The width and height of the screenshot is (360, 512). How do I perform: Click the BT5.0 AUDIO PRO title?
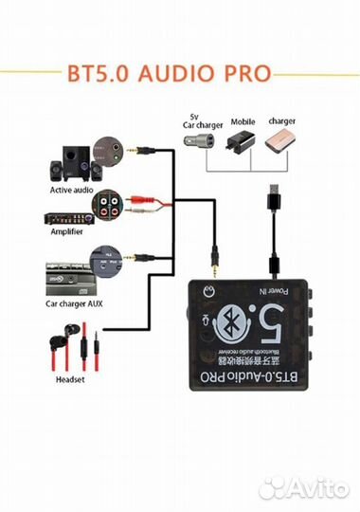tap(179, 73)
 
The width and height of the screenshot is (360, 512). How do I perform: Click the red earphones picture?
tap(77, 342)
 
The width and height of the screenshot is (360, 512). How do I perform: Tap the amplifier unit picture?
tap(70, 213)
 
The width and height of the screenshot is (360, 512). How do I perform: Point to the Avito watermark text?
tap(313, 487)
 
